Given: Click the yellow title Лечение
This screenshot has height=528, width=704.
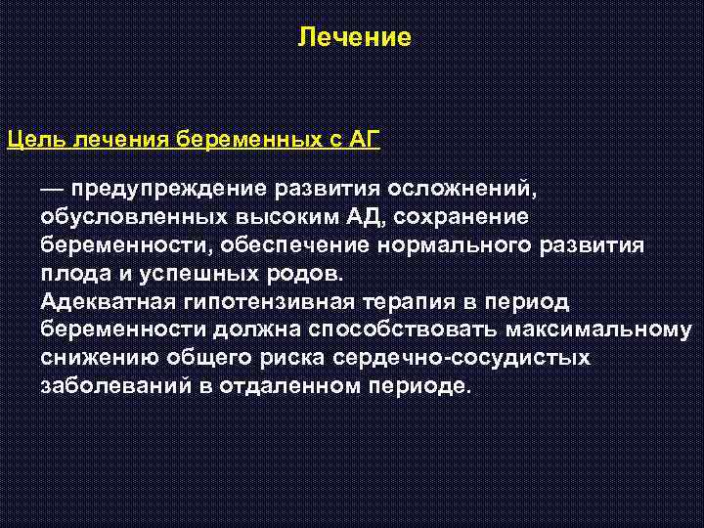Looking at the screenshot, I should pos(355,38).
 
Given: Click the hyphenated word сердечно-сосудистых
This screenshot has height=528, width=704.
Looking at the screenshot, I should pos(462,358).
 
